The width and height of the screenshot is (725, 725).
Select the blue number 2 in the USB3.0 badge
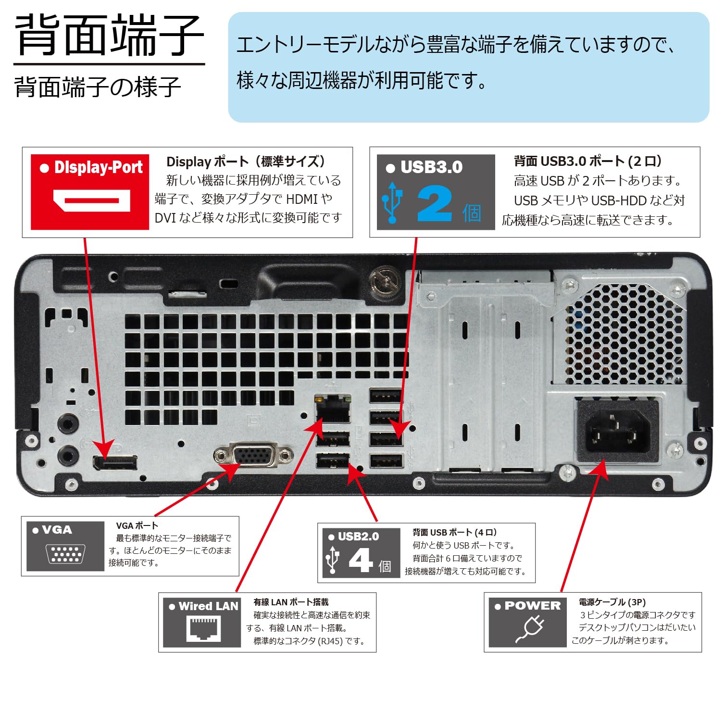pos(434,204)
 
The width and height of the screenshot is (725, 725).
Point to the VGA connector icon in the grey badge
pos(65,554)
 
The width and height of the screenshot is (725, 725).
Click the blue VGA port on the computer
pos(253,455)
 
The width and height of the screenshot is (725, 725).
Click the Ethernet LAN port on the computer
pos(333,410)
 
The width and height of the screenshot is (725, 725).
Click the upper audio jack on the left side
pos(67,424)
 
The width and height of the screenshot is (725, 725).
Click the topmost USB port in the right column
pos(386,396)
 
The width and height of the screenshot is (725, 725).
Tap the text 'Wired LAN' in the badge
pos(208,606)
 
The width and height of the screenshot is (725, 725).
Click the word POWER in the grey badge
pos(532,606)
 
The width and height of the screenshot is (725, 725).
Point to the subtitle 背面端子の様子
pos(98,87)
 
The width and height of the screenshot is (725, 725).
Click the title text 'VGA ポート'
pos(137,525)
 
